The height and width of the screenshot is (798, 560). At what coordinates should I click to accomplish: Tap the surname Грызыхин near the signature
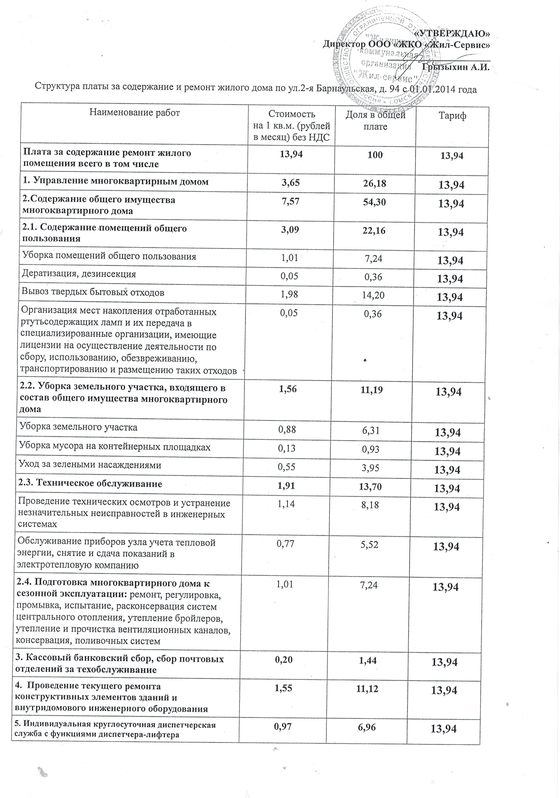(440, 67)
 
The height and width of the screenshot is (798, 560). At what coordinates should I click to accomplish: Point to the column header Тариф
(452, 116)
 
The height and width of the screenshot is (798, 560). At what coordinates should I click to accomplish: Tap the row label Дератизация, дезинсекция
(79, 274)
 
